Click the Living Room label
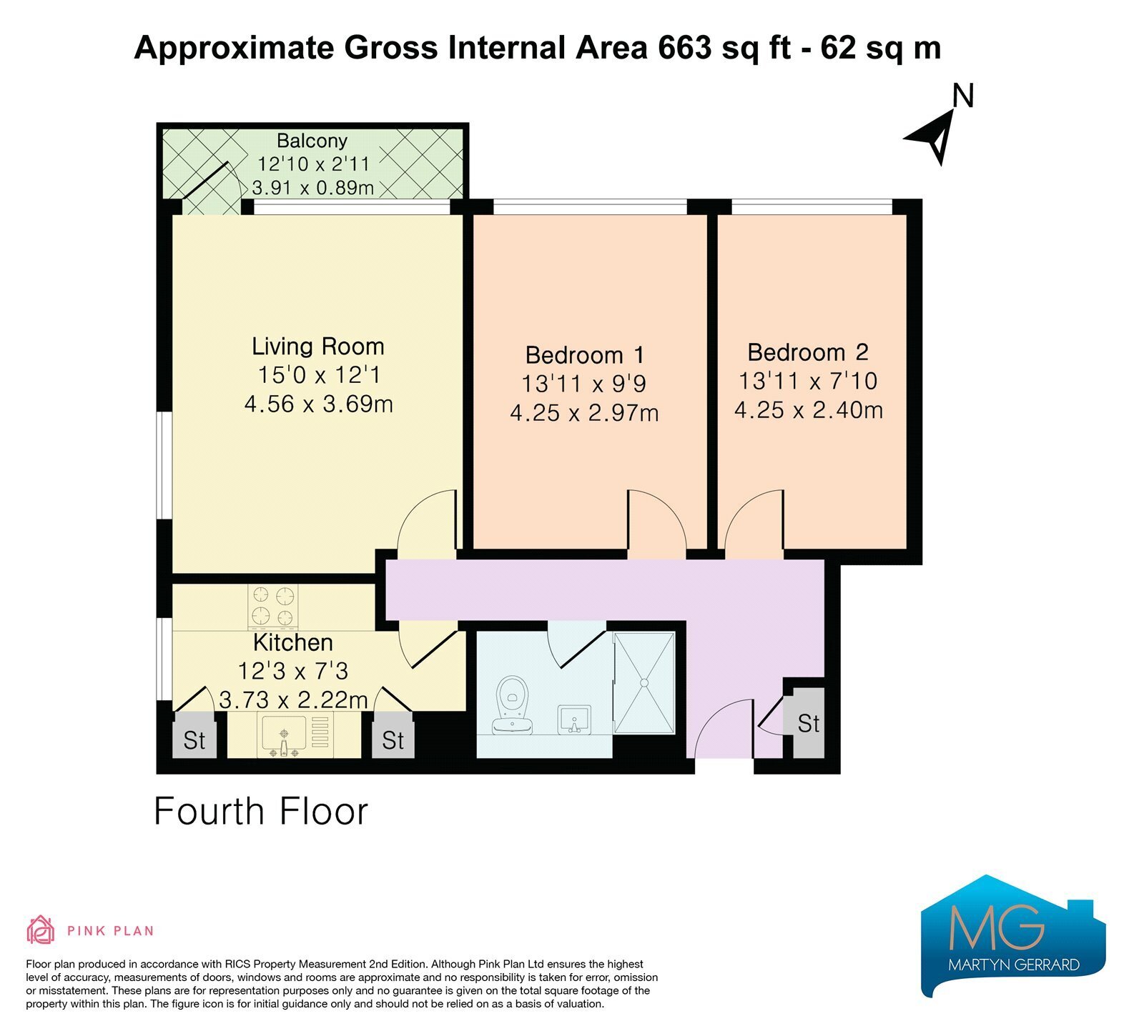(318, 347)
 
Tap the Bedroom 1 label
(585, 355)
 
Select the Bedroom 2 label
(808, 352)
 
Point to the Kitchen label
(293, 642)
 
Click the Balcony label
(312, 141)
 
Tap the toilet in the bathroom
(512, 704)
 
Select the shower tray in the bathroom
(644, 683)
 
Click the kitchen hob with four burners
(273, 606)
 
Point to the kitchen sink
(295, 735)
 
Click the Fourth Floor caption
(261, 812)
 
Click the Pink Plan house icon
(41, 930)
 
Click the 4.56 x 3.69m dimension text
(318, 404)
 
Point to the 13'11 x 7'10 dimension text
(808, 381)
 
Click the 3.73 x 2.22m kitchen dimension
(293, 700)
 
